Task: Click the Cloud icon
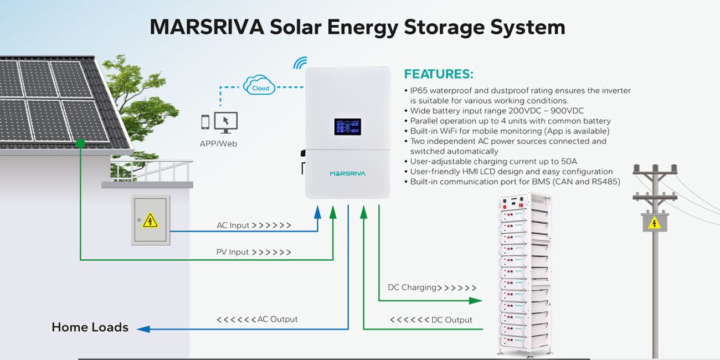click(259, 85)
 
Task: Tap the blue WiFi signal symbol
click(301, 64)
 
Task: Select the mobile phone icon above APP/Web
click(205, 122)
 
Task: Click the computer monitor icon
click(226, 122)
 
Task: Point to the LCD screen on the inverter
click(347, 127)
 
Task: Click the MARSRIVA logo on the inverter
click(347, 173)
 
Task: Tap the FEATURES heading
click(439, 74)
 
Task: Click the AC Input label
click(233, 225)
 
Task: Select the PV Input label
click(233, 252)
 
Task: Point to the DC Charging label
click(412, 287)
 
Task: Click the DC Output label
click(451, 320)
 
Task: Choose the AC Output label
click(277, 319)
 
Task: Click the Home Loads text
click(90, 327)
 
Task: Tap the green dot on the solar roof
click(80, 143)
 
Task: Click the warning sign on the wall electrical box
click(150, 220)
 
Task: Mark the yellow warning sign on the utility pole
click(655, 223)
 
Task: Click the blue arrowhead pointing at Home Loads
click(143, 329)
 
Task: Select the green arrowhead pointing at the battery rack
click(476, 301)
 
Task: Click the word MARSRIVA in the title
click(207, 27)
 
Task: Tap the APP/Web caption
click(218, 143)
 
